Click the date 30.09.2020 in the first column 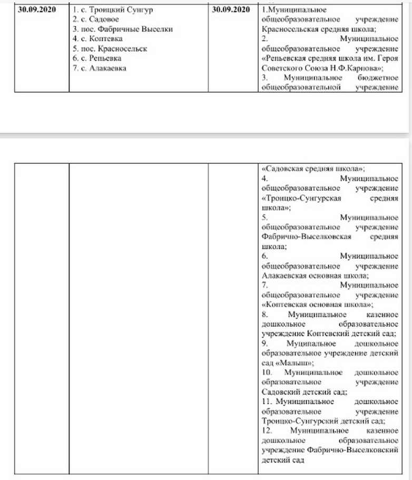pos(35,10)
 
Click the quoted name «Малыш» pos(294,363)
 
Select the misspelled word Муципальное pos(296,343)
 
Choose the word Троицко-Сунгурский pos(292,420)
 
